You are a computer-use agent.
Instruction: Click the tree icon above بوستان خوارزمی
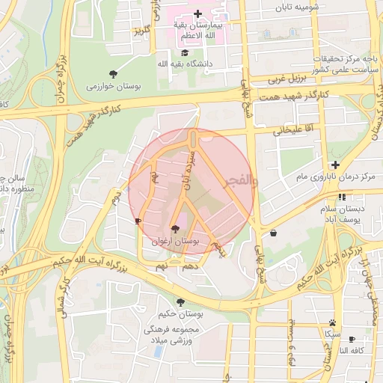113,73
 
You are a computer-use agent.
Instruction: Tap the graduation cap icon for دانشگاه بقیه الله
185,52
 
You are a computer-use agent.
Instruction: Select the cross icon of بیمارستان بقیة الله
197,13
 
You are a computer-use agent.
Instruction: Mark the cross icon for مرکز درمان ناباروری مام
335,165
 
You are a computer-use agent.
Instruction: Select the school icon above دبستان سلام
341,197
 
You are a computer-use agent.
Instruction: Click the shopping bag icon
273,233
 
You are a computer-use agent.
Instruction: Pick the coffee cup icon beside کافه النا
352,339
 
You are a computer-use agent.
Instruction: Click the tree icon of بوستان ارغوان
175,229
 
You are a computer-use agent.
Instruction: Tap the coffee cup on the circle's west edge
137,221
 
